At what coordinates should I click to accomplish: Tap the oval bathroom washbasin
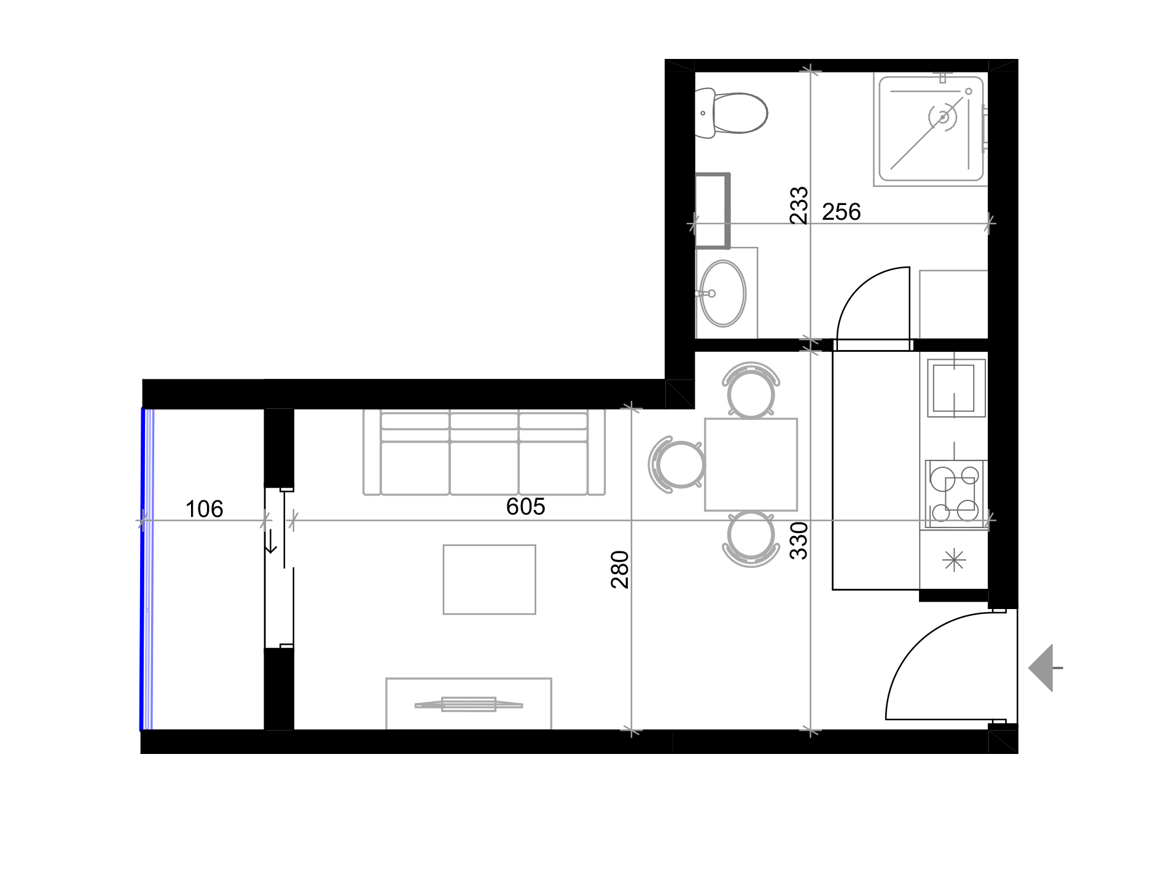click(724, 293)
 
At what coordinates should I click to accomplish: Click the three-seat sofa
click(484, 452)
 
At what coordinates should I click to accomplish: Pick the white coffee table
click(489, 579)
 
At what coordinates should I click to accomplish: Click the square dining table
click(751, 465)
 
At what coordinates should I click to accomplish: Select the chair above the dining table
click(751, 390)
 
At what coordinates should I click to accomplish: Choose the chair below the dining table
click(751, 538)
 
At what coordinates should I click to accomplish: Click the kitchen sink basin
click(953, 388)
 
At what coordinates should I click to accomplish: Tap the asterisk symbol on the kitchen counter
click(953, 561)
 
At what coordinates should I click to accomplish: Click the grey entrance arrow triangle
click(1042, 668)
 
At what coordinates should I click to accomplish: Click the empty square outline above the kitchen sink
click(953, 304)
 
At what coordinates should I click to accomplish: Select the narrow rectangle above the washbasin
click(712, 210)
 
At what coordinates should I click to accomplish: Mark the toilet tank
click(704, 113)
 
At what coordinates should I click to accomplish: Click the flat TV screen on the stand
click(469, 704)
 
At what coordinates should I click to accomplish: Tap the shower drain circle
click(943, 117)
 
